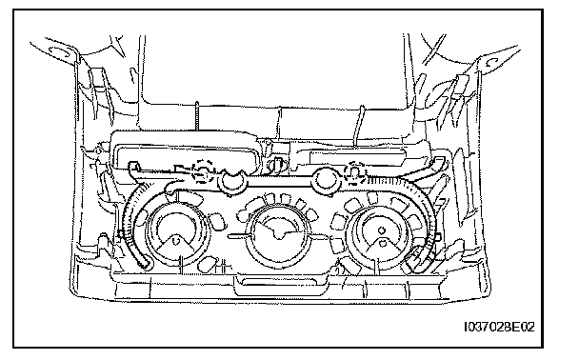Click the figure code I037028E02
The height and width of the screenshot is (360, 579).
coord(499,327)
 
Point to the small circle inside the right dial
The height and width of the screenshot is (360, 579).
coord(382,230)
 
